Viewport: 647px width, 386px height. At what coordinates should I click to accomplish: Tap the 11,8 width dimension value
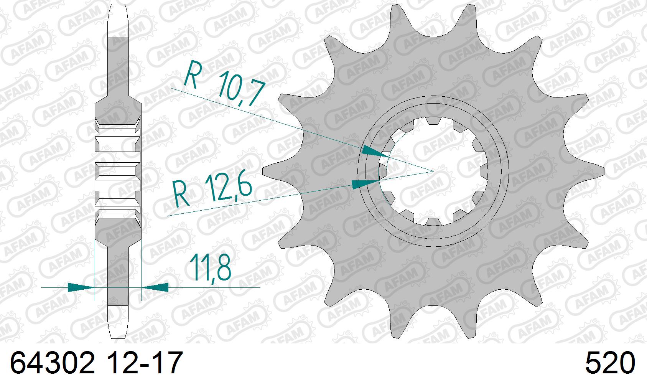[210, 268]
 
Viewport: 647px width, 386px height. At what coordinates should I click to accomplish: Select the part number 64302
[53, 363]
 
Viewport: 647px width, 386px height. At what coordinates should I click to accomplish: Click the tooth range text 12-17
[145, 363]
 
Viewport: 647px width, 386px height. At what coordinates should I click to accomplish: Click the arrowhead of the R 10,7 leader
[375, 152]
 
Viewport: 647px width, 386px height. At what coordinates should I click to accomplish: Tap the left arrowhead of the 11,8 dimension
[81, 287]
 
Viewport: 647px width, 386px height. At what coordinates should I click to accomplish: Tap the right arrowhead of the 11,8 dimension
[155, 287]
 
